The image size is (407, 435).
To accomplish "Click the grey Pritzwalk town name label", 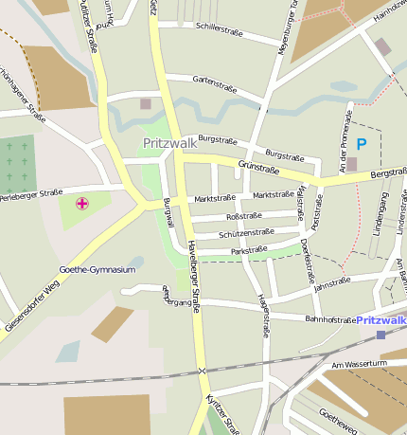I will coord(170,143).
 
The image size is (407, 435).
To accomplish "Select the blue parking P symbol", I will coord(361,144).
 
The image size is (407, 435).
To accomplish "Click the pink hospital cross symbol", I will coord(82,203).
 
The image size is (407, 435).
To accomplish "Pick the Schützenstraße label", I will coord(246,232).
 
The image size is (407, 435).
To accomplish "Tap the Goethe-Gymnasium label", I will coord(97,270).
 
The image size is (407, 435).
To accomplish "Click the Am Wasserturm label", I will coord(355,365).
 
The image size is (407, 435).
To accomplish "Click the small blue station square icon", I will coord(380,335).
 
